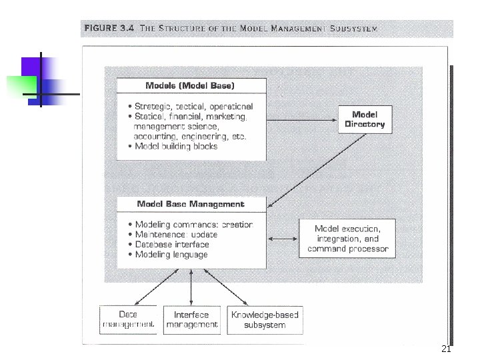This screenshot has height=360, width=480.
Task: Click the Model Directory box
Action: click(365, 119)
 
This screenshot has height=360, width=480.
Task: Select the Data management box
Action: click(128, 319)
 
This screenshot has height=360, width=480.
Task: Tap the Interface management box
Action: click(191, 319)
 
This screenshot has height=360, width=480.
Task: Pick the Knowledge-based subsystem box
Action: click(265, 319)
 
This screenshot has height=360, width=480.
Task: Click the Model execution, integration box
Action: click(347, 238)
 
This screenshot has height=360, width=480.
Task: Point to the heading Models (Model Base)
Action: click(190, 85)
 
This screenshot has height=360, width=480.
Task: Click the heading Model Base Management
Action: click(191, 204)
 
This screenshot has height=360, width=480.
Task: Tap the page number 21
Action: click(447, 350)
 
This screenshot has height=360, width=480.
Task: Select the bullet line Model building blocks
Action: click(175, 147)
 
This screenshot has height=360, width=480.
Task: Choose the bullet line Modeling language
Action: click(171, 255)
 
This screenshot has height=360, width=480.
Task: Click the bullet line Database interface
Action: click(173, 245)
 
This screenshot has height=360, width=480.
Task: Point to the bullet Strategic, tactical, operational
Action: click(193, 106)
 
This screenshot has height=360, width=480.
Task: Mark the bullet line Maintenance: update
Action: click(176, 235)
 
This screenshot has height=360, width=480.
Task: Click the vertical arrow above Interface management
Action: click(192, 287)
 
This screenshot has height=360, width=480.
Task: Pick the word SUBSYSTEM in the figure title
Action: click(353, 29)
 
